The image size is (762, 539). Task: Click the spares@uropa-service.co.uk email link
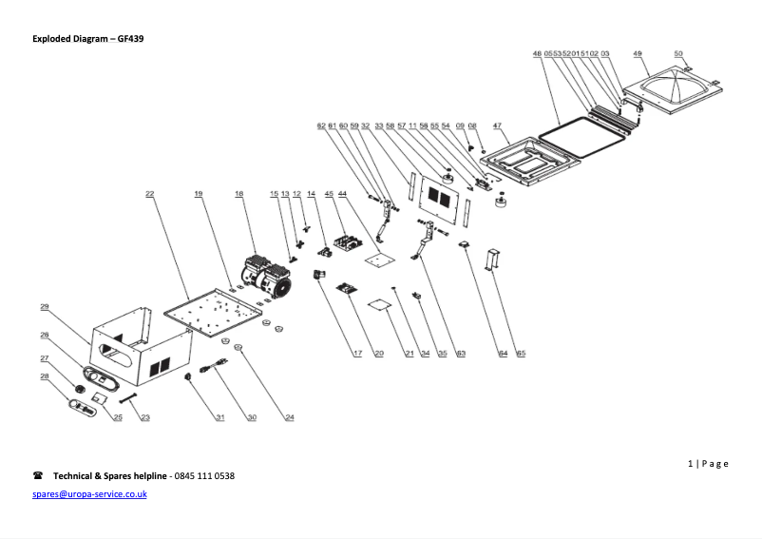click(x=89, y=494)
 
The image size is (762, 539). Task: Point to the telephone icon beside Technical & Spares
click(x=38, y=475)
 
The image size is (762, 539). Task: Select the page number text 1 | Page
click(x=708, y=463)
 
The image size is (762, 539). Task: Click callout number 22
click(x=149, y=193)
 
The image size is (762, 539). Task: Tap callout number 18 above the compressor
click(x=238, y=193)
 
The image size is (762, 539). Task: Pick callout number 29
click(x=44, y=306)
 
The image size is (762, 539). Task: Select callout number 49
click(x=637, y=54)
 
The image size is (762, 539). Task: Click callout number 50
click(x=677, y=54)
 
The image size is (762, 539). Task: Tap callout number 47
click(x=497, y=125)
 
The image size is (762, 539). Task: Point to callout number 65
click(x=521, y=354)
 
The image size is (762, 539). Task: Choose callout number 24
click(x=290, y=417)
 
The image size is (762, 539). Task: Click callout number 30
click(x=252, y=417)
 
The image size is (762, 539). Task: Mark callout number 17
click(x=357, y=354)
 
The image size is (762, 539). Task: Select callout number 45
click(x=329, y=193)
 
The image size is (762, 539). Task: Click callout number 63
click(x=460, y=354)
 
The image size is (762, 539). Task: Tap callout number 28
click(x=44, y=376)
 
